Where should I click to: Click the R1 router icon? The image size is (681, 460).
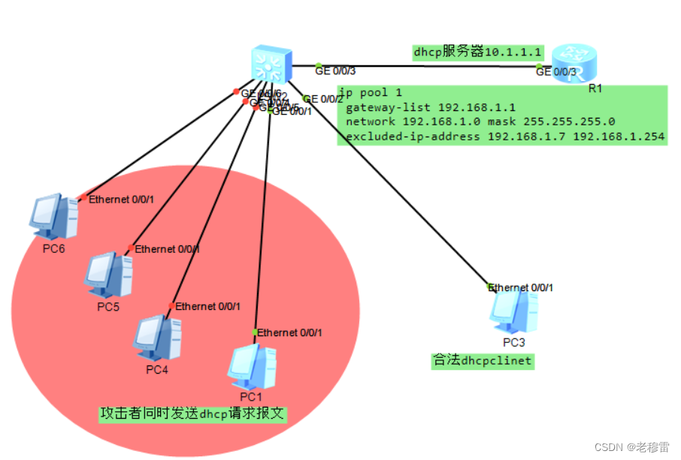(573, 63)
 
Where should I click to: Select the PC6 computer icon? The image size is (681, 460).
(53, 217)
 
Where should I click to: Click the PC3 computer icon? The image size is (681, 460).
(514, 311)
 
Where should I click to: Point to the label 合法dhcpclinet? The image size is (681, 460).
(482, 360)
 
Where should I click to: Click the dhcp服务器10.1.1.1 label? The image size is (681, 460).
(477, 53)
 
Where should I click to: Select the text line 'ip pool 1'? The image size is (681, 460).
(370, 93)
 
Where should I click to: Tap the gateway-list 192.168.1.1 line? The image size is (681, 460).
(430, 107)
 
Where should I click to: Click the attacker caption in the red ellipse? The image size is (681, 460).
(193, 413)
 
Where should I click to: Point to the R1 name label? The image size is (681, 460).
(595, 89)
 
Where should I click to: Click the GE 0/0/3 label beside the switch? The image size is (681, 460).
(335, 71)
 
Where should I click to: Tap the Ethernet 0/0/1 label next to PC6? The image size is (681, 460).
(121, 200)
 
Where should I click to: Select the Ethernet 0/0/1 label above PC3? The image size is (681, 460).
(521, 287)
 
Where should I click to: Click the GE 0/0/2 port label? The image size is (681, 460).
(324, 99)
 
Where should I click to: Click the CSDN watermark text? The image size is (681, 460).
(631, 446)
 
